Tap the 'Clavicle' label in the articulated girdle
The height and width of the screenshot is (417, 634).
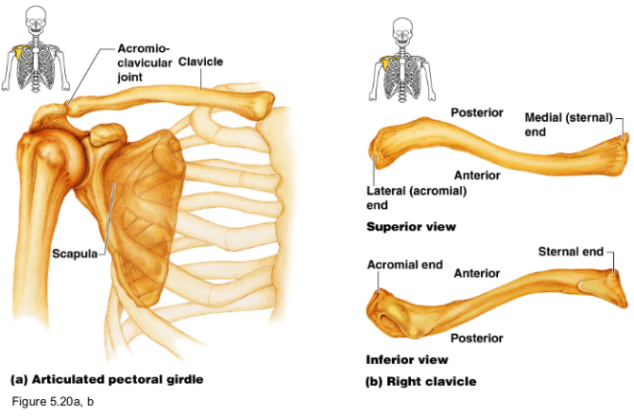[200, 61]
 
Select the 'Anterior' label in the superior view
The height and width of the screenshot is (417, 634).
[476, 174]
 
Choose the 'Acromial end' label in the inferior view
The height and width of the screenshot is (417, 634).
[404, 265]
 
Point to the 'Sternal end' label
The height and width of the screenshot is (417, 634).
[570, 252]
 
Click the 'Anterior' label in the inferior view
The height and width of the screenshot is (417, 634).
[476, 273]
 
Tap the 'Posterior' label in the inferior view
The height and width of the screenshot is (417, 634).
[476, 338]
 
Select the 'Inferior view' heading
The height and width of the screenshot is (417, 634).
[406, 359]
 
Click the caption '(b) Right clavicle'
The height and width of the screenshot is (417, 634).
[420, 381]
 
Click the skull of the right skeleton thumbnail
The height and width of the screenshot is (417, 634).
[403, 23]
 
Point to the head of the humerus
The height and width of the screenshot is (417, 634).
[44, 143]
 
